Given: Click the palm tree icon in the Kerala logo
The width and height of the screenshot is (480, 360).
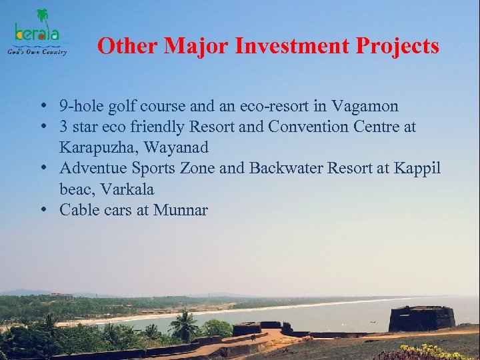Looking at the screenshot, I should coord(43,16).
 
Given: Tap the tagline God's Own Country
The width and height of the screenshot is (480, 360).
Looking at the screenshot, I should coord(37,52).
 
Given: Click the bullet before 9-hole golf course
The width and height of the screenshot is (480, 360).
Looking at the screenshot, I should coord(42,106).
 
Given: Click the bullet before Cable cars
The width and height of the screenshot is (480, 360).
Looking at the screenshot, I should coord(42,210).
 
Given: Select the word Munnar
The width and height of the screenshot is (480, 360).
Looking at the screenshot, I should coord(181,210).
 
